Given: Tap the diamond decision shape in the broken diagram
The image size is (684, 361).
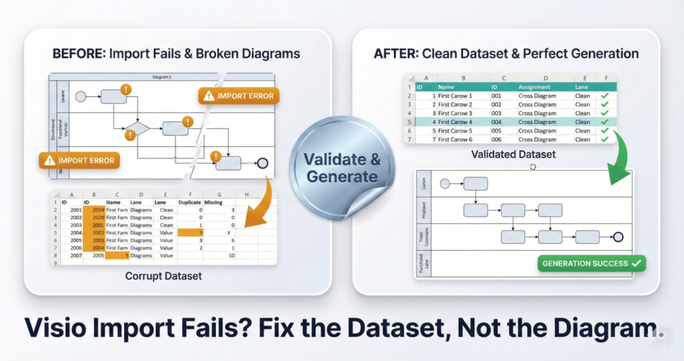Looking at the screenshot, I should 139,129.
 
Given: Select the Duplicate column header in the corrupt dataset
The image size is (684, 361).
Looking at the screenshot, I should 190,201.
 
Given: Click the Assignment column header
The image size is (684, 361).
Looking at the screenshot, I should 534,87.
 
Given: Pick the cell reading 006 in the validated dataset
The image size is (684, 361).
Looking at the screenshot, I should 496,139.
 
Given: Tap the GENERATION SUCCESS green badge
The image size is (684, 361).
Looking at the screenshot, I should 592,263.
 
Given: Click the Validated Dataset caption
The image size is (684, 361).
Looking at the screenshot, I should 514,154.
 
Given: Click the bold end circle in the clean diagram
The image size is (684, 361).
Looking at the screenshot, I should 618,236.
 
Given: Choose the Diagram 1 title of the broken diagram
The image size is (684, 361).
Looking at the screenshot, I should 161,77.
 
